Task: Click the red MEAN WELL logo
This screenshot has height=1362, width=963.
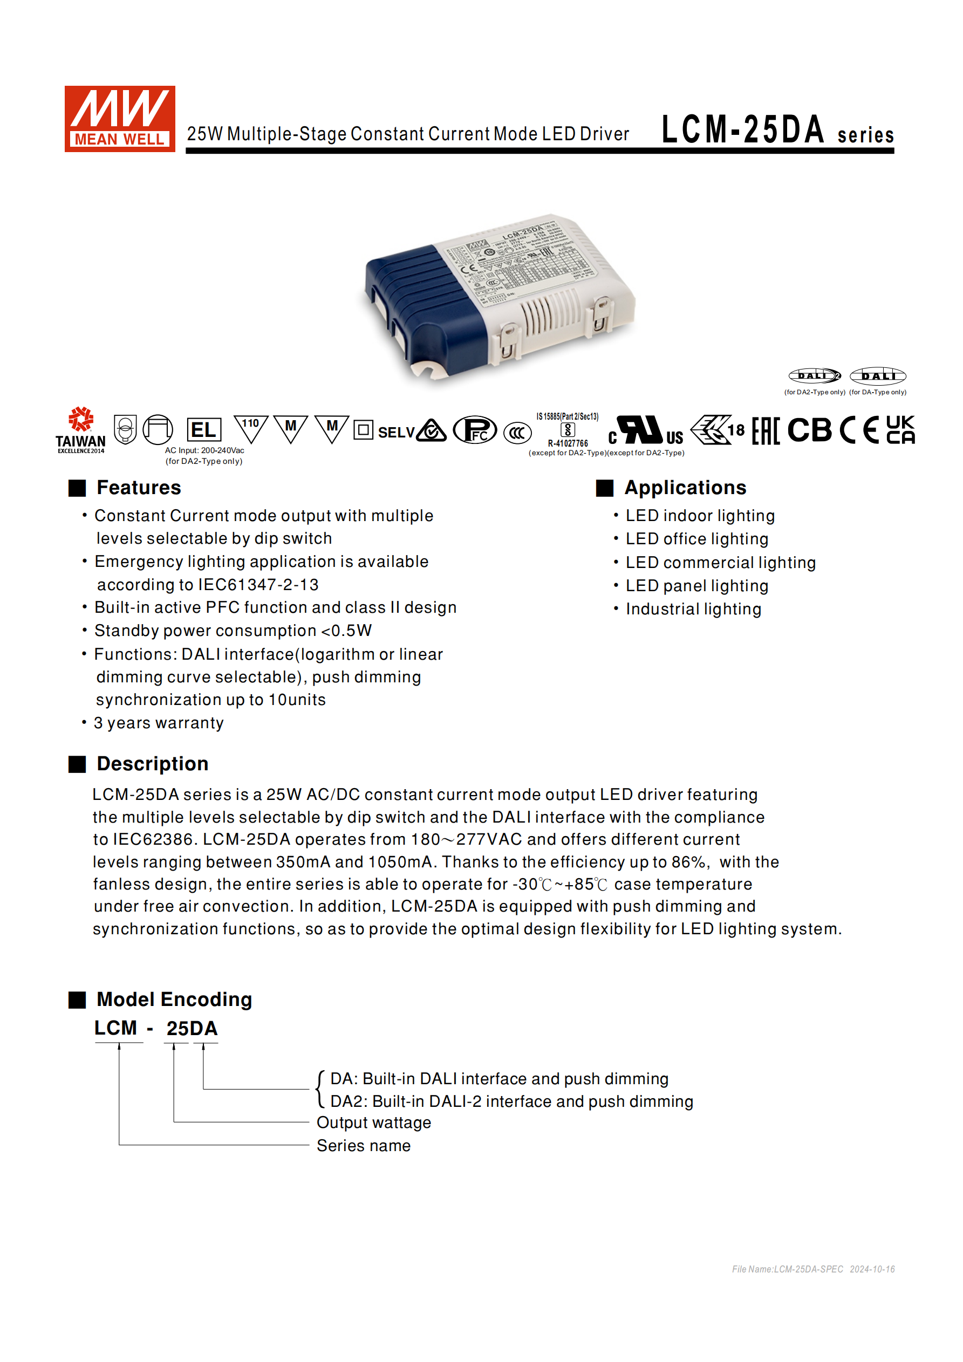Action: (x=119, y=119)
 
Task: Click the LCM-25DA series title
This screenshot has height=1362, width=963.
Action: (x=777, y=130)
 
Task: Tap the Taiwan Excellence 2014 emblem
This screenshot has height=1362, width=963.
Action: (x=81, y=430)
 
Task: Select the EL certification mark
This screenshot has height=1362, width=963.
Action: (x=203, y=430)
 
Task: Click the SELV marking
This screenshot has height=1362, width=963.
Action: (x=396, y=433)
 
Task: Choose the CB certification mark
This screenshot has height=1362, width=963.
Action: (x=809, y=430)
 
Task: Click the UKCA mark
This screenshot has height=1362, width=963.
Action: (x=900, y=430)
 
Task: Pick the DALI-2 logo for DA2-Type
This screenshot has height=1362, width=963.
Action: (x=814, y=375)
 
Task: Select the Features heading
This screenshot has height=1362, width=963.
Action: (x=138, y=488)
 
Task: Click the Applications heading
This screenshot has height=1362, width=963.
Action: (x=685, y=488)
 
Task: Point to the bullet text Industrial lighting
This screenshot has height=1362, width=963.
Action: (x=693, y=609)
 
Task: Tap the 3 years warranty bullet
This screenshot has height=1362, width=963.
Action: (x=159, y=723)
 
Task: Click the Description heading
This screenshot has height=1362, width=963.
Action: (x=153, y=764)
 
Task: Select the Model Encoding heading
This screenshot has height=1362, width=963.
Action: (x=174, y=1000)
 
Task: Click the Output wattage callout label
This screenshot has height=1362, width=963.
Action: (x=374, y=1123)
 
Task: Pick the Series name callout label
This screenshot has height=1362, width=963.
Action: (x=363, y=1146)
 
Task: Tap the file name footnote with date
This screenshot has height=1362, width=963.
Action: (x=813, y=1269)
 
